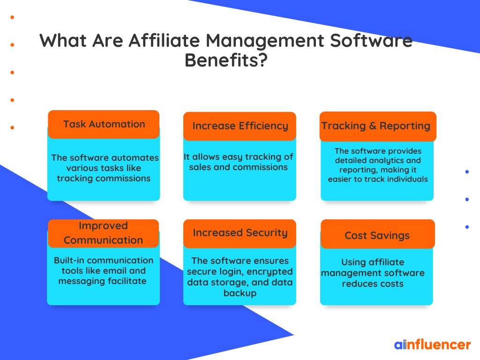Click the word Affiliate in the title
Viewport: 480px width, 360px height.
pyautogui.click(x=164, y=40)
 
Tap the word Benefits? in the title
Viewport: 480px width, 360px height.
pyautogui.click(x=226, y=60)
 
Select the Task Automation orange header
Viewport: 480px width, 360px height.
pyautogui.click(x=104, y=124)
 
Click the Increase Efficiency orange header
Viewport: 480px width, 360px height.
pyautogui.click(x=240, y=126)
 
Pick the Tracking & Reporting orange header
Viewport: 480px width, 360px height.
pyautogui.click(x=378, y=126)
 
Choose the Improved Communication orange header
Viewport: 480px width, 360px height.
pyautogui.click(x=104, y=233)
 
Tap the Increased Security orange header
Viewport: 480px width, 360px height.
pyautogui.click(x=240, y=233)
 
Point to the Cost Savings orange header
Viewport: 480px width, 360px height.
pyautogui.click(x=378, y=234)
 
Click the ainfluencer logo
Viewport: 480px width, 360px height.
pyautogui.click(x=432, y=345)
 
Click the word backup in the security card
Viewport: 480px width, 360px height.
pyautogui.click(x=240, y=293)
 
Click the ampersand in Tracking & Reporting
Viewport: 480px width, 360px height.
pyautogui.click(x=373, y=126)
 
